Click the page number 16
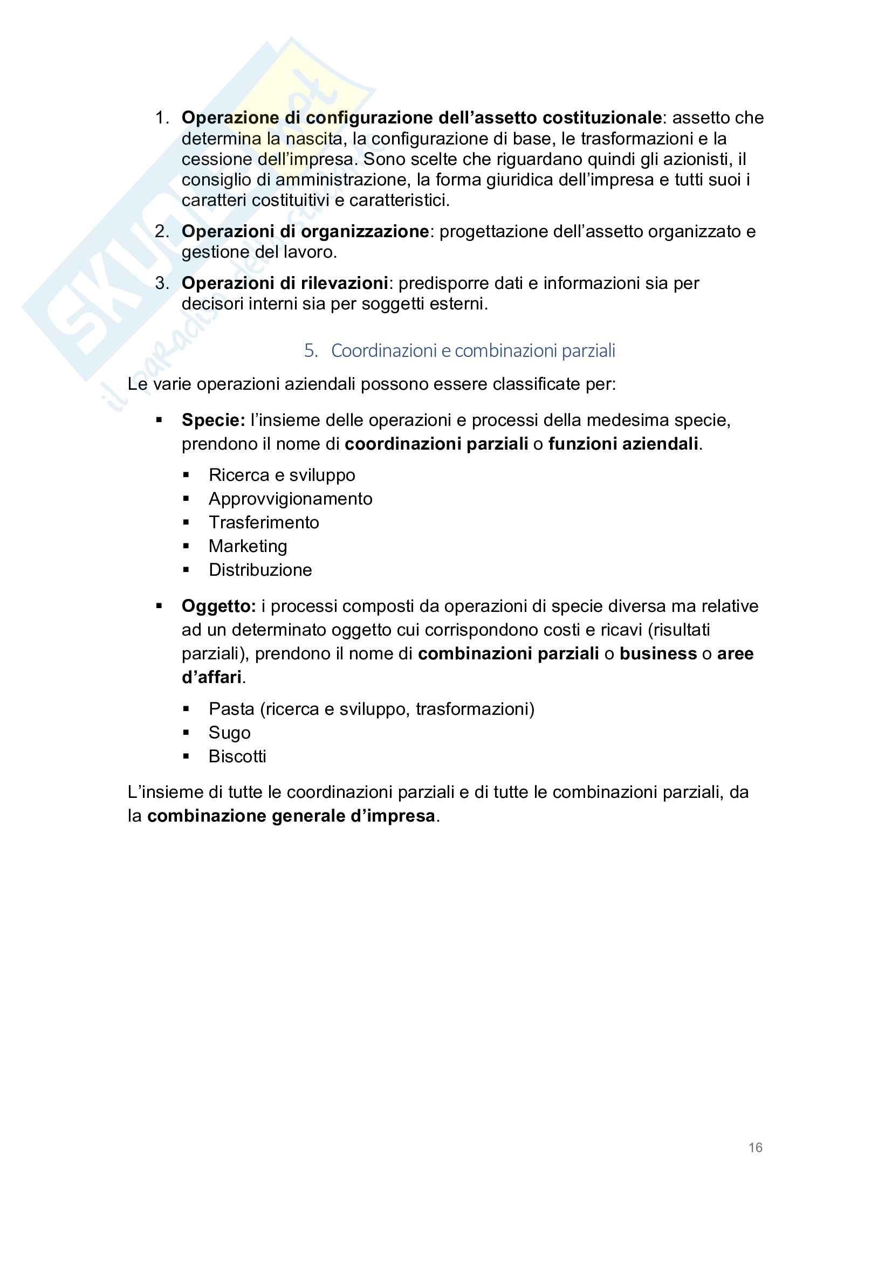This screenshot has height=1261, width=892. [x=755, y=1147]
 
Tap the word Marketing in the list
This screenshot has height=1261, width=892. [x=248, y=546]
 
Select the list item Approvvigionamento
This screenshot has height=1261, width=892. [x=291, y=499]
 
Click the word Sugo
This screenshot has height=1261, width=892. [x=230, y=733]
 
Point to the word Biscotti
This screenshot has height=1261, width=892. [x=237, y=756]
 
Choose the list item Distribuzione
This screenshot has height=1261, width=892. [x=260, y=569]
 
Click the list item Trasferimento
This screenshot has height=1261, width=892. [x=264, y=522]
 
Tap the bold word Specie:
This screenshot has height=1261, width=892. [x=213, y=420]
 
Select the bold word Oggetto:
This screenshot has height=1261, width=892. [x=218, y=607]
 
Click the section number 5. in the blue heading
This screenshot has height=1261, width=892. [x=311, y=350]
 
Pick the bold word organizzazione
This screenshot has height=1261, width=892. [x=365, y=231]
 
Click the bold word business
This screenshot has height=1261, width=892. [x=658, y=653]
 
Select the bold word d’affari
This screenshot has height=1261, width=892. [x=211, y=677]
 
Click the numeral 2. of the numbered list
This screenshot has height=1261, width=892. [x=161, y=231]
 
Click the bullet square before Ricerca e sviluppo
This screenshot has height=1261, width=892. [x=186, y=475]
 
